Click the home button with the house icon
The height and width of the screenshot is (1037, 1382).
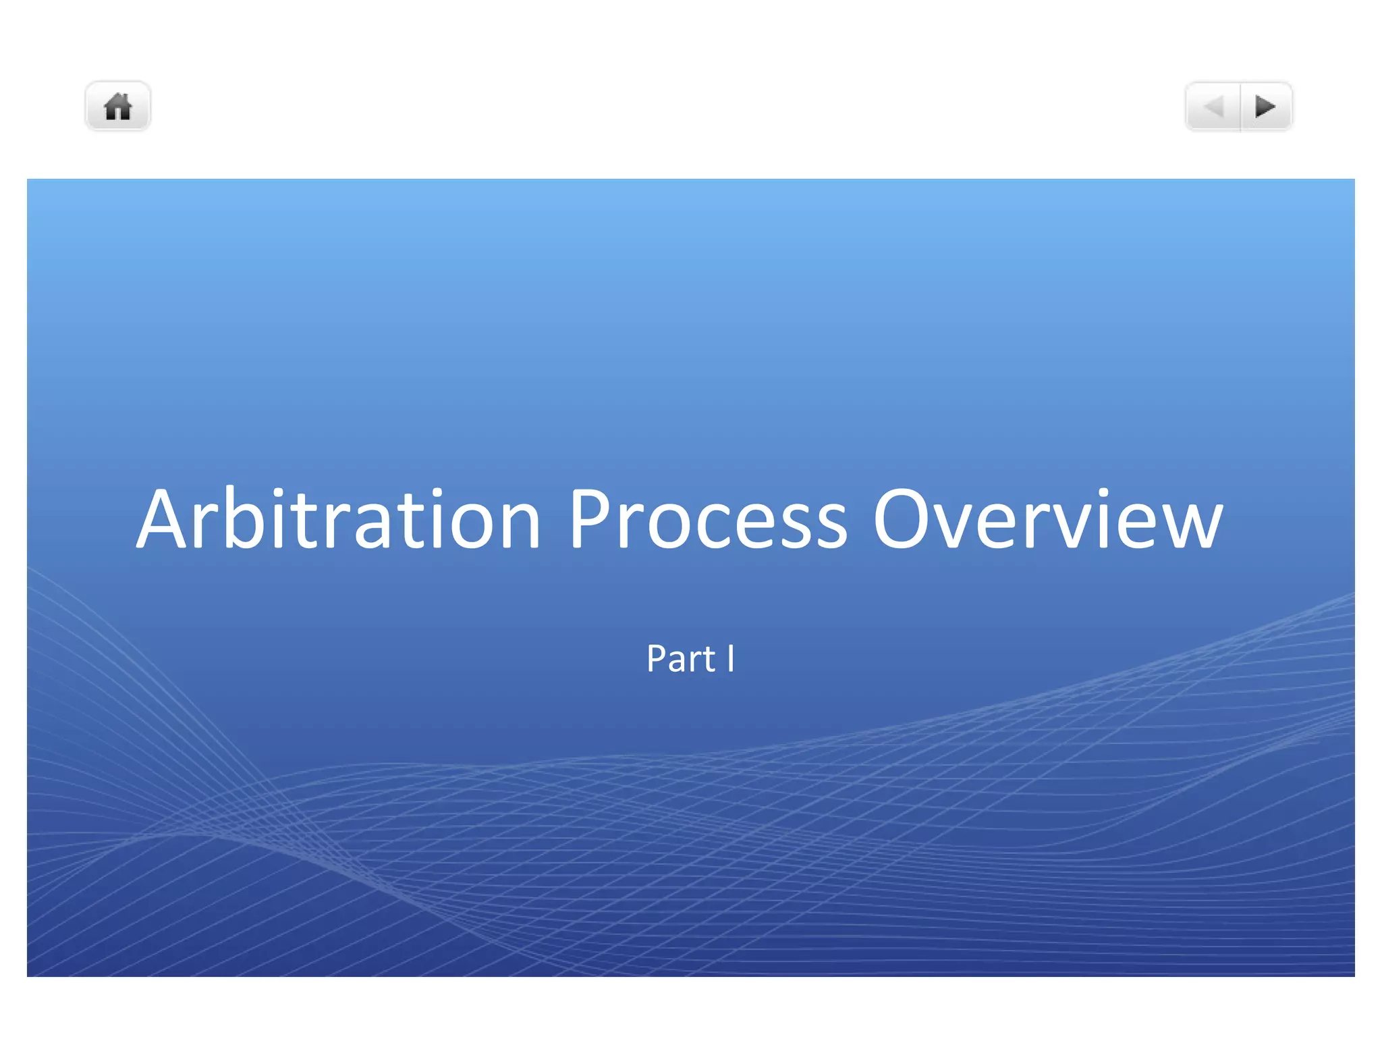pyautogui.click(x=117, y=107)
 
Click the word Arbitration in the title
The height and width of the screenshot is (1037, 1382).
pyautogui.click(x=338, y=519)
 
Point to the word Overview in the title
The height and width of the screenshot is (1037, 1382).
pyautogui.click(x=1047, y=519)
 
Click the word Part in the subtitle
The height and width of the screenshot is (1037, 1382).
pyautogui.click(x=680, y=658)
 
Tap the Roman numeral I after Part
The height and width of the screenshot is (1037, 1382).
pyautogui.click(x=730, y=658)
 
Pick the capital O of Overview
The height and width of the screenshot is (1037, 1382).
pyautogui.click(x=904, y=519)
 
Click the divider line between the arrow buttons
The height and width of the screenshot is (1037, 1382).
pyautogui.click(x=1240, y=107)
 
